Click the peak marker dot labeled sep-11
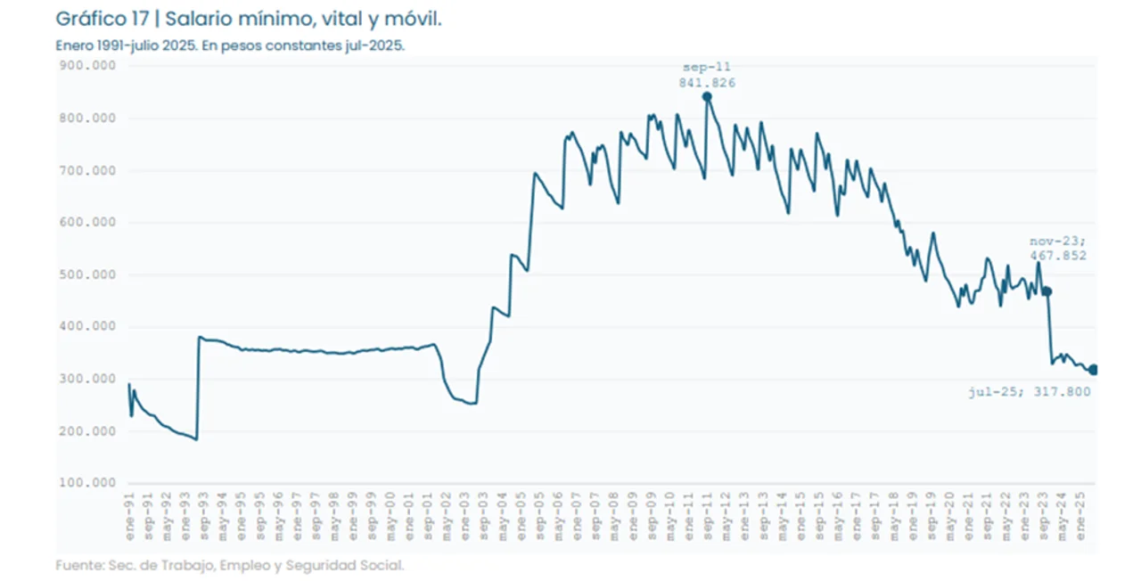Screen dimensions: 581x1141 pyautogui.click(x=707, y=96)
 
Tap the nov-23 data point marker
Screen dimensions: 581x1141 pyautogui.click(x=1047, y=291)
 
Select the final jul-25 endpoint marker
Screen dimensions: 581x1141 pyautogui.click(x=1094, y=370)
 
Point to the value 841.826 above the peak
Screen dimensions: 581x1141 pyautogui.click(x=707, y=83)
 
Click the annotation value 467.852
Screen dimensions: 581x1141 pyautogui.click(x=1058, y=256)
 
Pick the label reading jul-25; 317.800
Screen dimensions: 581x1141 pyautogui.click(x=1030, y=391)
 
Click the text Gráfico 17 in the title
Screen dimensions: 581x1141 pyautogui.click(x=101, y=20)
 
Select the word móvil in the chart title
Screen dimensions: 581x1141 pyautogui.click(x=414, y=20)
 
